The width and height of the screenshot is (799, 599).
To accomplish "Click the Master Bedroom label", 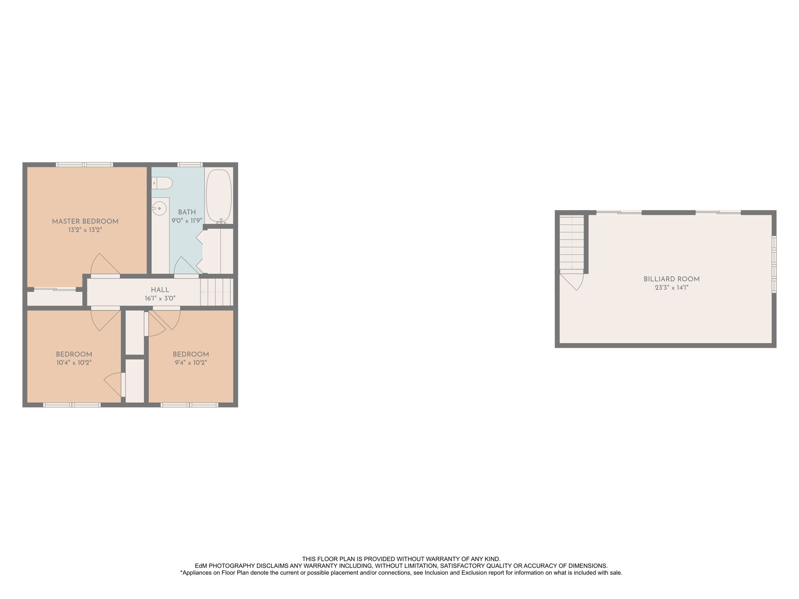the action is pos(85,222).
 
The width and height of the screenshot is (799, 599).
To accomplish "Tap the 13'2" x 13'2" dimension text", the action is pos(85,230).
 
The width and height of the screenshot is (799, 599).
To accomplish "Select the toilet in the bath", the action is pos(162,183).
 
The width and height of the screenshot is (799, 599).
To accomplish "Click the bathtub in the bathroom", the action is pos(219,196).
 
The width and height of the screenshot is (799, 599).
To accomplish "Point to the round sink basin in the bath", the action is pos(159,209).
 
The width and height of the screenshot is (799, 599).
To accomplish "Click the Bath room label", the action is pos(187,213).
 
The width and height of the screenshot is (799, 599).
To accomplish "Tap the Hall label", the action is pos(160,290).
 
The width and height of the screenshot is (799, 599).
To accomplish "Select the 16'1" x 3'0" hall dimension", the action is pos(160,299).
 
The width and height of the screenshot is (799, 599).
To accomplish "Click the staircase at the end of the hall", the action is pos(217,292).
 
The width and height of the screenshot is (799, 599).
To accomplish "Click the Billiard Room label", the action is pos(671,279).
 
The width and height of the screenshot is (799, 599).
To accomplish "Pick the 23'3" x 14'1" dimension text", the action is pos(671,288).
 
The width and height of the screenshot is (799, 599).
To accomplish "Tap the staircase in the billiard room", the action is pos(572,242).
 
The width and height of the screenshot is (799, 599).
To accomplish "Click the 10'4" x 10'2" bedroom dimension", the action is pos(74,363).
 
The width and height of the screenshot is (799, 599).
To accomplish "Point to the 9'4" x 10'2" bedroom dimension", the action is pos(191,363).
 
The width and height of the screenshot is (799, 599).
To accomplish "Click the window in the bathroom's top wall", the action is pos(190,165).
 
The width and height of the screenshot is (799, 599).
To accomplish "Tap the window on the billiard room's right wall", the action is pos(774,264).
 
